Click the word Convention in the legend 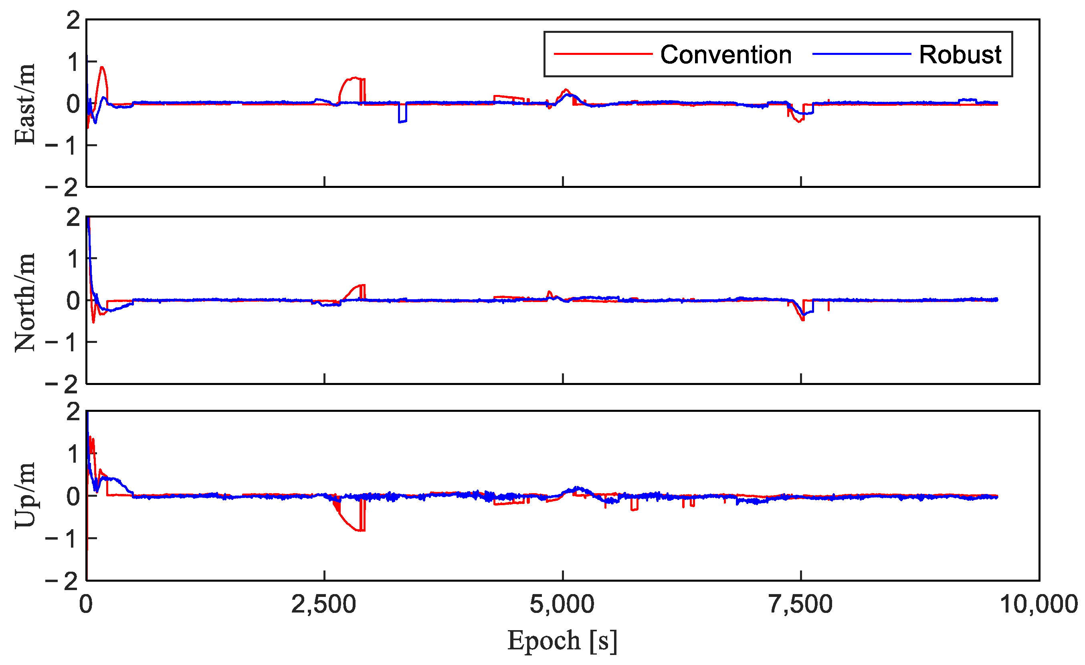coord(726,55)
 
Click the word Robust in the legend coord(960,55)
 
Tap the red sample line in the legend coord(603,54)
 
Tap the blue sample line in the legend coord(861,54)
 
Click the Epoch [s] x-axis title coord(562,641)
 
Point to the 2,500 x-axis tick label coord(323,605)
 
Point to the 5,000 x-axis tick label coord(562,605)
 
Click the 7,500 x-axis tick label coord(800,605)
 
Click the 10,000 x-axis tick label coord(1039,605)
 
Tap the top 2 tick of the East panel coord(73,21)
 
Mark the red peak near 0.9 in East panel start coord(102,68)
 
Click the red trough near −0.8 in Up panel coord(359,530)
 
